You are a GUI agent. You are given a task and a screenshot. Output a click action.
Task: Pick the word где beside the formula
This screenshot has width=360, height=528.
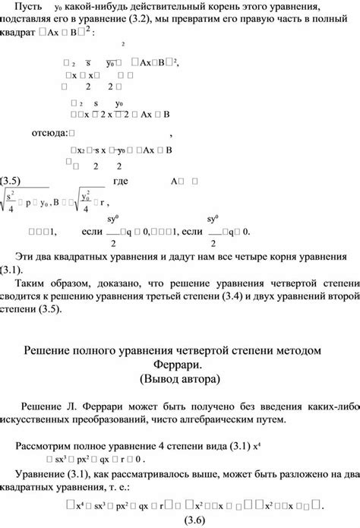tap(120, 181)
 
